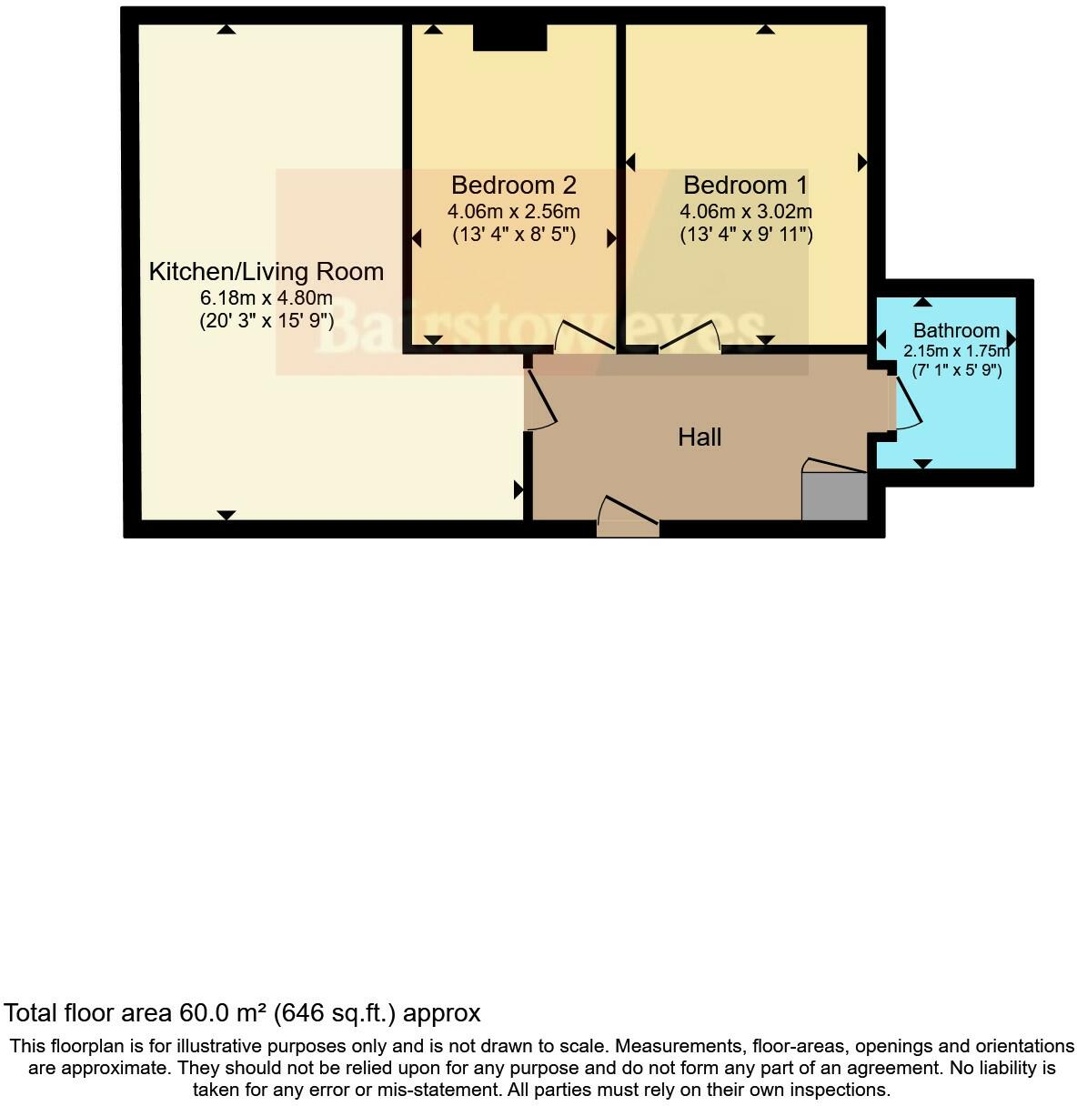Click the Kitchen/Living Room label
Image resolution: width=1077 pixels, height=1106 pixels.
[x=266, y=271]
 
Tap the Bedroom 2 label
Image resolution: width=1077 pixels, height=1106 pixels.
[x=513, y=186]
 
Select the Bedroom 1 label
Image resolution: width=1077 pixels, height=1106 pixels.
[x=745, y=186]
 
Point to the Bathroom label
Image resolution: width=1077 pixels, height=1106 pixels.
[x=956, y=330]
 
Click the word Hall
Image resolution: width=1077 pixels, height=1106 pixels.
[x=700, y=437]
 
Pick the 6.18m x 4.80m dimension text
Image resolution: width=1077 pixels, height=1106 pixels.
[x=266, y=297]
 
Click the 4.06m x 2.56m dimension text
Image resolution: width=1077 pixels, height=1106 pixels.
[x=513, y=212]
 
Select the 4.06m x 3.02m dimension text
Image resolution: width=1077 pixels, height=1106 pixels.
[x=745, y=212]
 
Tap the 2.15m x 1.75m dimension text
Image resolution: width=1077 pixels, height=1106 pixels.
[x=956, y=351]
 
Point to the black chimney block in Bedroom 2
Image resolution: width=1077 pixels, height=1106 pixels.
[x=509, y=37]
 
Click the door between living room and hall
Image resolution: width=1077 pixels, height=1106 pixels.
[x=540, y=397]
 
